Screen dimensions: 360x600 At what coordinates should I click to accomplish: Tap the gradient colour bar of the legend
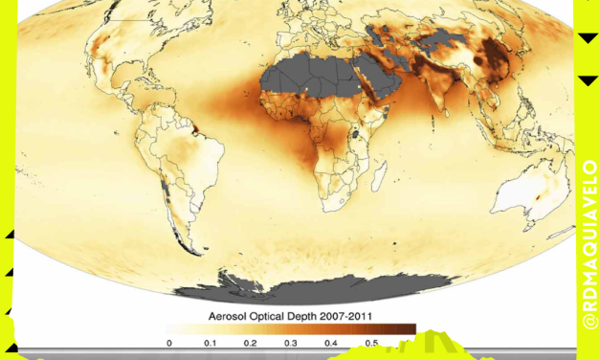tap(292, 327)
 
